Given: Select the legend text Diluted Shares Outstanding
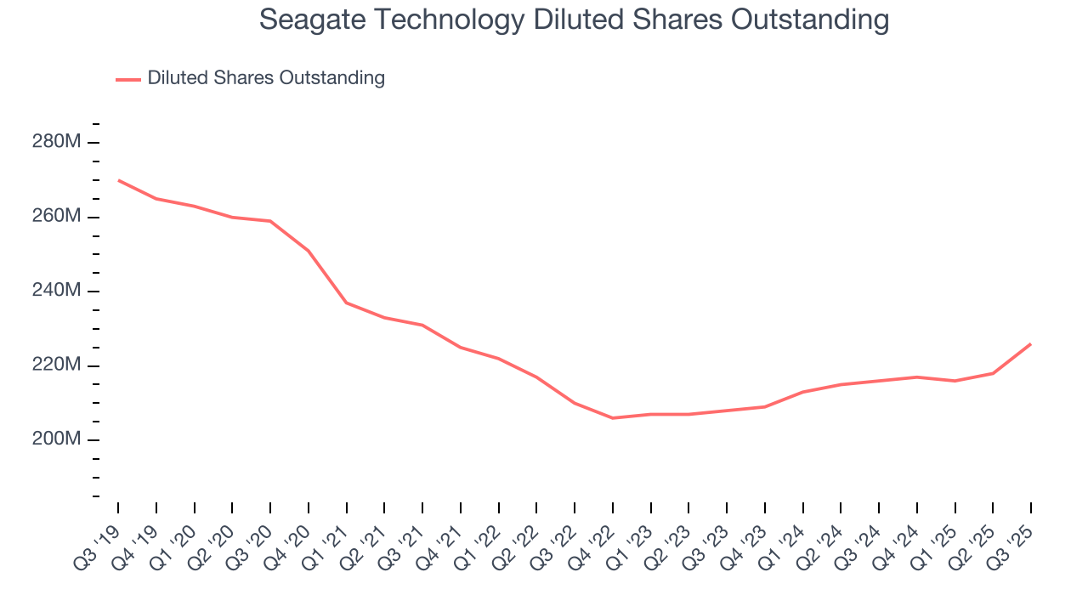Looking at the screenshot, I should [266, 78].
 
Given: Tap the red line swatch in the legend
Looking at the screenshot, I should [128, 79].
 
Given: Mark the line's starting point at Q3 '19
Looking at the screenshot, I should [118, 180].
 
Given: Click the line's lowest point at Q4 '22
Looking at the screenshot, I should [613, 418].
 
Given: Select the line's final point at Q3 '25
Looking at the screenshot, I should [1031, 343].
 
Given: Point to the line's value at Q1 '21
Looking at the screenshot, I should [347, 303].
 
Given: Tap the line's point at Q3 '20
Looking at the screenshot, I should [270, 221].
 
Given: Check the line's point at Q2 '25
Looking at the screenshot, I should [993, 373].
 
